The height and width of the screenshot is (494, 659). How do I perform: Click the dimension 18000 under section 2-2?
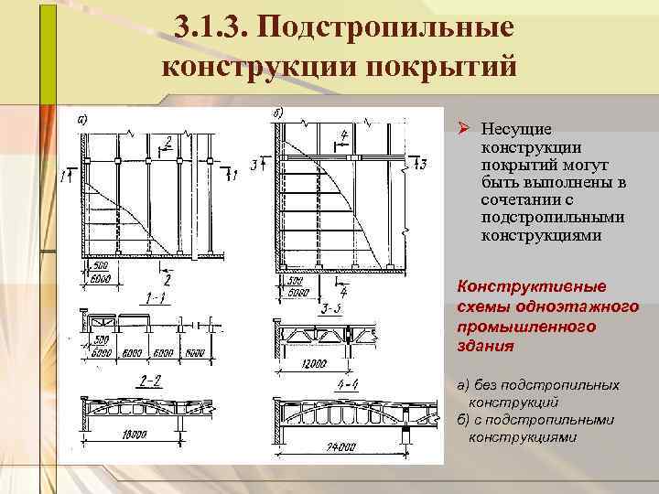pyautogui.click(x=134, y=435)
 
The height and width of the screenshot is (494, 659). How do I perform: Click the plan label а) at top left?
pyautogui.click(x=82, y=119)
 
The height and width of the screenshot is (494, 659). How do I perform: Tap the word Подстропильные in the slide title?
pyautogui.click(x=385, y=27)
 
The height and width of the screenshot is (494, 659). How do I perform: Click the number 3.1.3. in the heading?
pyautogui.click(x=213, y=27)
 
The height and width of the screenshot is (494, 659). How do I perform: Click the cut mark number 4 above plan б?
pyautogui.click(x=343, y=135)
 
